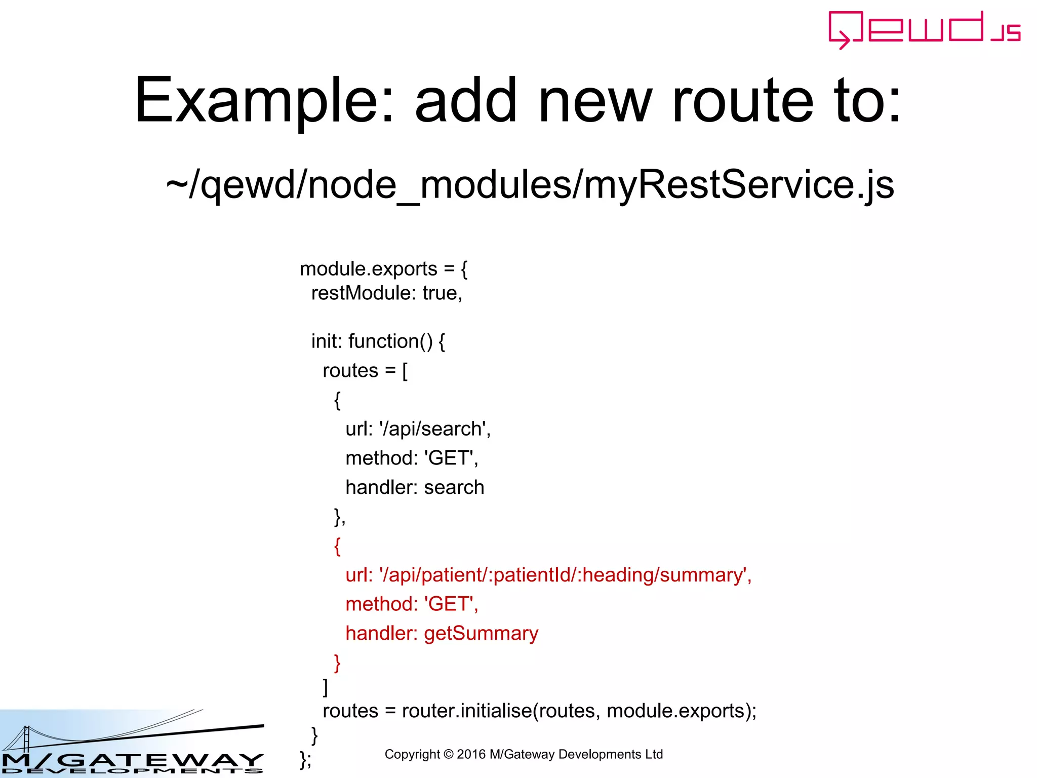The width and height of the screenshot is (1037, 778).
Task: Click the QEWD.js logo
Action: click(x=924, y=29)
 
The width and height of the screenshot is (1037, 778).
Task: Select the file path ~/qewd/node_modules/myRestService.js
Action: click(x=530, y=185)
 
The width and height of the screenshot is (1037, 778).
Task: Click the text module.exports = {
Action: click(x=383, y=269)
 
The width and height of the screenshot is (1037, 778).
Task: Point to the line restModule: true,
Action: click(x=386, y=293)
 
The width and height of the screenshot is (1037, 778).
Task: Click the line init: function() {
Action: click(x=378, y=341)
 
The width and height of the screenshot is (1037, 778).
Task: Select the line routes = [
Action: click(x=365, y=371)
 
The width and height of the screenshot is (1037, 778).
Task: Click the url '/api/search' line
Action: click(x=418, y=429)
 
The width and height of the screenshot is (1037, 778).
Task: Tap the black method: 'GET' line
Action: click(x=411, y=458)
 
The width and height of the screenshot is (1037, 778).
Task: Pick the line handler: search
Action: click(x=414, y=487)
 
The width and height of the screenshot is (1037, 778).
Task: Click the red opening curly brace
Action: click(x=337, y=546)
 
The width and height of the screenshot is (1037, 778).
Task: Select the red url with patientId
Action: click(x=548, y=575)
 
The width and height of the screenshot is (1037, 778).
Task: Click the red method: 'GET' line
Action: click(x=411, y=604)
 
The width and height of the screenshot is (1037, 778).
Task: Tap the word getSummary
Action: click(x=481, y=634)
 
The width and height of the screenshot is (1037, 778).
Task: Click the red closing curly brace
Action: click(x=337, y=663)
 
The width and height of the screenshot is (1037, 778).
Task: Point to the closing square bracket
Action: click(x=326, y=687)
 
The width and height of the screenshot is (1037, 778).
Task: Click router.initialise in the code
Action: click(x=466, y=711)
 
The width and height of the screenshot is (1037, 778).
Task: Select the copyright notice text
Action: click(x=524, y=754)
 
